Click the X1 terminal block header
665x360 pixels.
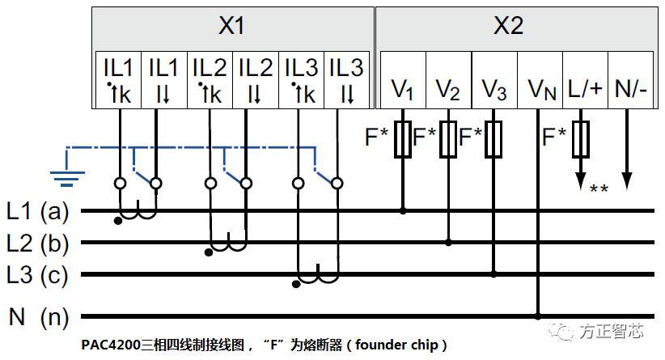(x=231, y=26)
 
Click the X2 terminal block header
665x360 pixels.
(x=508, y=26)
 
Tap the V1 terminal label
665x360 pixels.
(x=402, y=88)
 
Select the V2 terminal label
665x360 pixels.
(x=447, y=88)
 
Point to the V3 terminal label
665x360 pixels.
(x=493, y=88)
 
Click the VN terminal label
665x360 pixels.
(x=540, y=88)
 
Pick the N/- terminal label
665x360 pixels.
(x=630, y=87)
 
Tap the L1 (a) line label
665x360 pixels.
(x=38, y=212)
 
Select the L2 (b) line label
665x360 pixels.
(x=38, y=243)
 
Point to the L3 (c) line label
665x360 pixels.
(x=38, y=275)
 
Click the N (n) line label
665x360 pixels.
(x=38, y=316)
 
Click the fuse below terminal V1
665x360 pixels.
(x=402, y=139)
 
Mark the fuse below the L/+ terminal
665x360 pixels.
(x=579, y=139)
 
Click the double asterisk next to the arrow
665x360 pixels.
(x=599, y=190)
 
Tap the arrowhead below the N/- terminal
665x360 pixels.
(x=625, y=180)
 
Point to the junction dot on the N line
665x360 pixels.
(x=537, y=316)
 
